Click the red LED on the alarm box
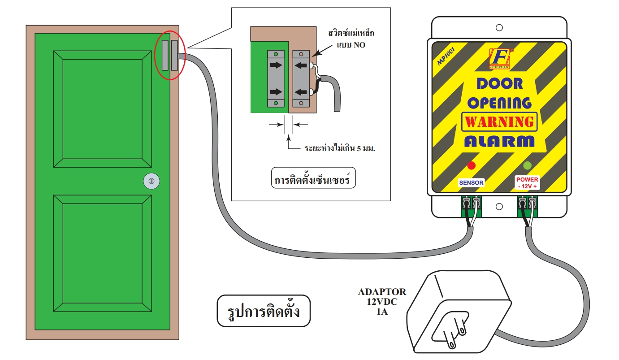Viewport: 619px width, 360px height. click(x=471, y=165)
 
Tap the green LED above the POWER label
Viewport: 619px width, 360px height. click(x=528, y=165)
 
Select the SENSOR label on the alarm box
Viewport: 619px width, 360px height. click(x=471, y=182)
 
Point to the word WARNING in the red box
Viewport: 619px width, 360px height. click(x=499, y=121)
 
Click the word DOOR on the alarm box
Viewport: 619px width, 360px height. click(x=499, y=83)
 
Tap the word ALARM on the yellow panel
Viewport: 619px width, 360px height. click(x=499, y=141)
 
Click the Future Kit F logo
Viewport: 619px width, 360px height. click(x=499, y=58)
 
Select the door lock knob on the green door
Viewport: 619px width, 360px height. click(x=151, y=181)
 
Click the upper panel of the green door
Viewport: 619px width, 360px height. click(x=102, y=108)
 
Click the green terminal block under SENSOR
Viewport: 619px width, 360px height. click(x=471, y=206)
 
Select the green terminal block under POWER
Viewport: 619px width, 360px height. click(x=527, y=206)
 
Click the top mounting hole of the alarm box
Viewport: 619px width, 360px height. click(x=499, y=27)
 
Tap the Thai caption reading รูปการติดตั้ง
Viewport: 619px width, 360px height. click(x=264, y=310)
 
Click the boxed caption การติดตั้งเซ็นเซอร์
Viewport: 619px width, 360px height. click(x=312, y=179)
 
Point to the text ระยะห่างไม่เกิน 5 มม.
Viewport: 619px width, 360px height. click(x=339, y=147)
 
